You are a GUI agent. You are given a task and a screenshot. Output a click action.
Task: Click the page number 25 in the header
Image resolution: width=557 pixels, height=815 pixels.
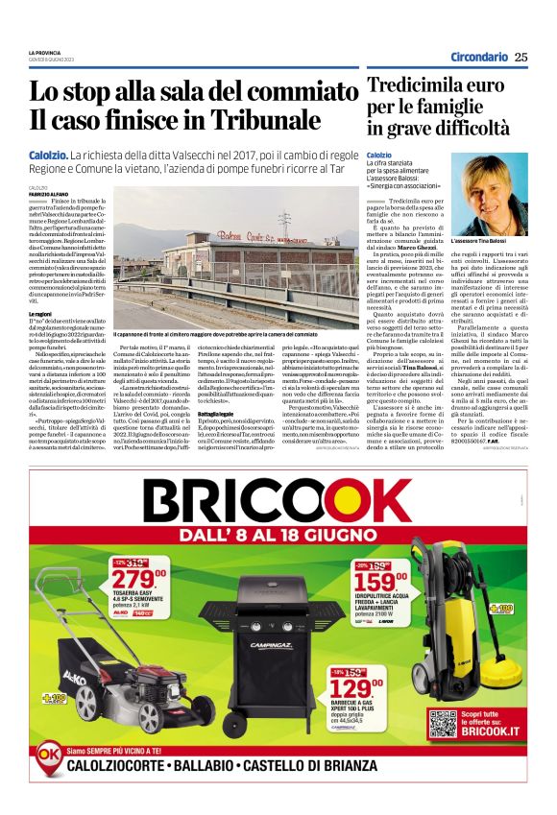pos(521,57)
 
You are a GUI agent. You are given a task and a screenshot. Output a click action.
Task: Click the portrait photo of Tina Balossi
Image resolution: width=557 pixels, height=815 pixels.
pos(495,194)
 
